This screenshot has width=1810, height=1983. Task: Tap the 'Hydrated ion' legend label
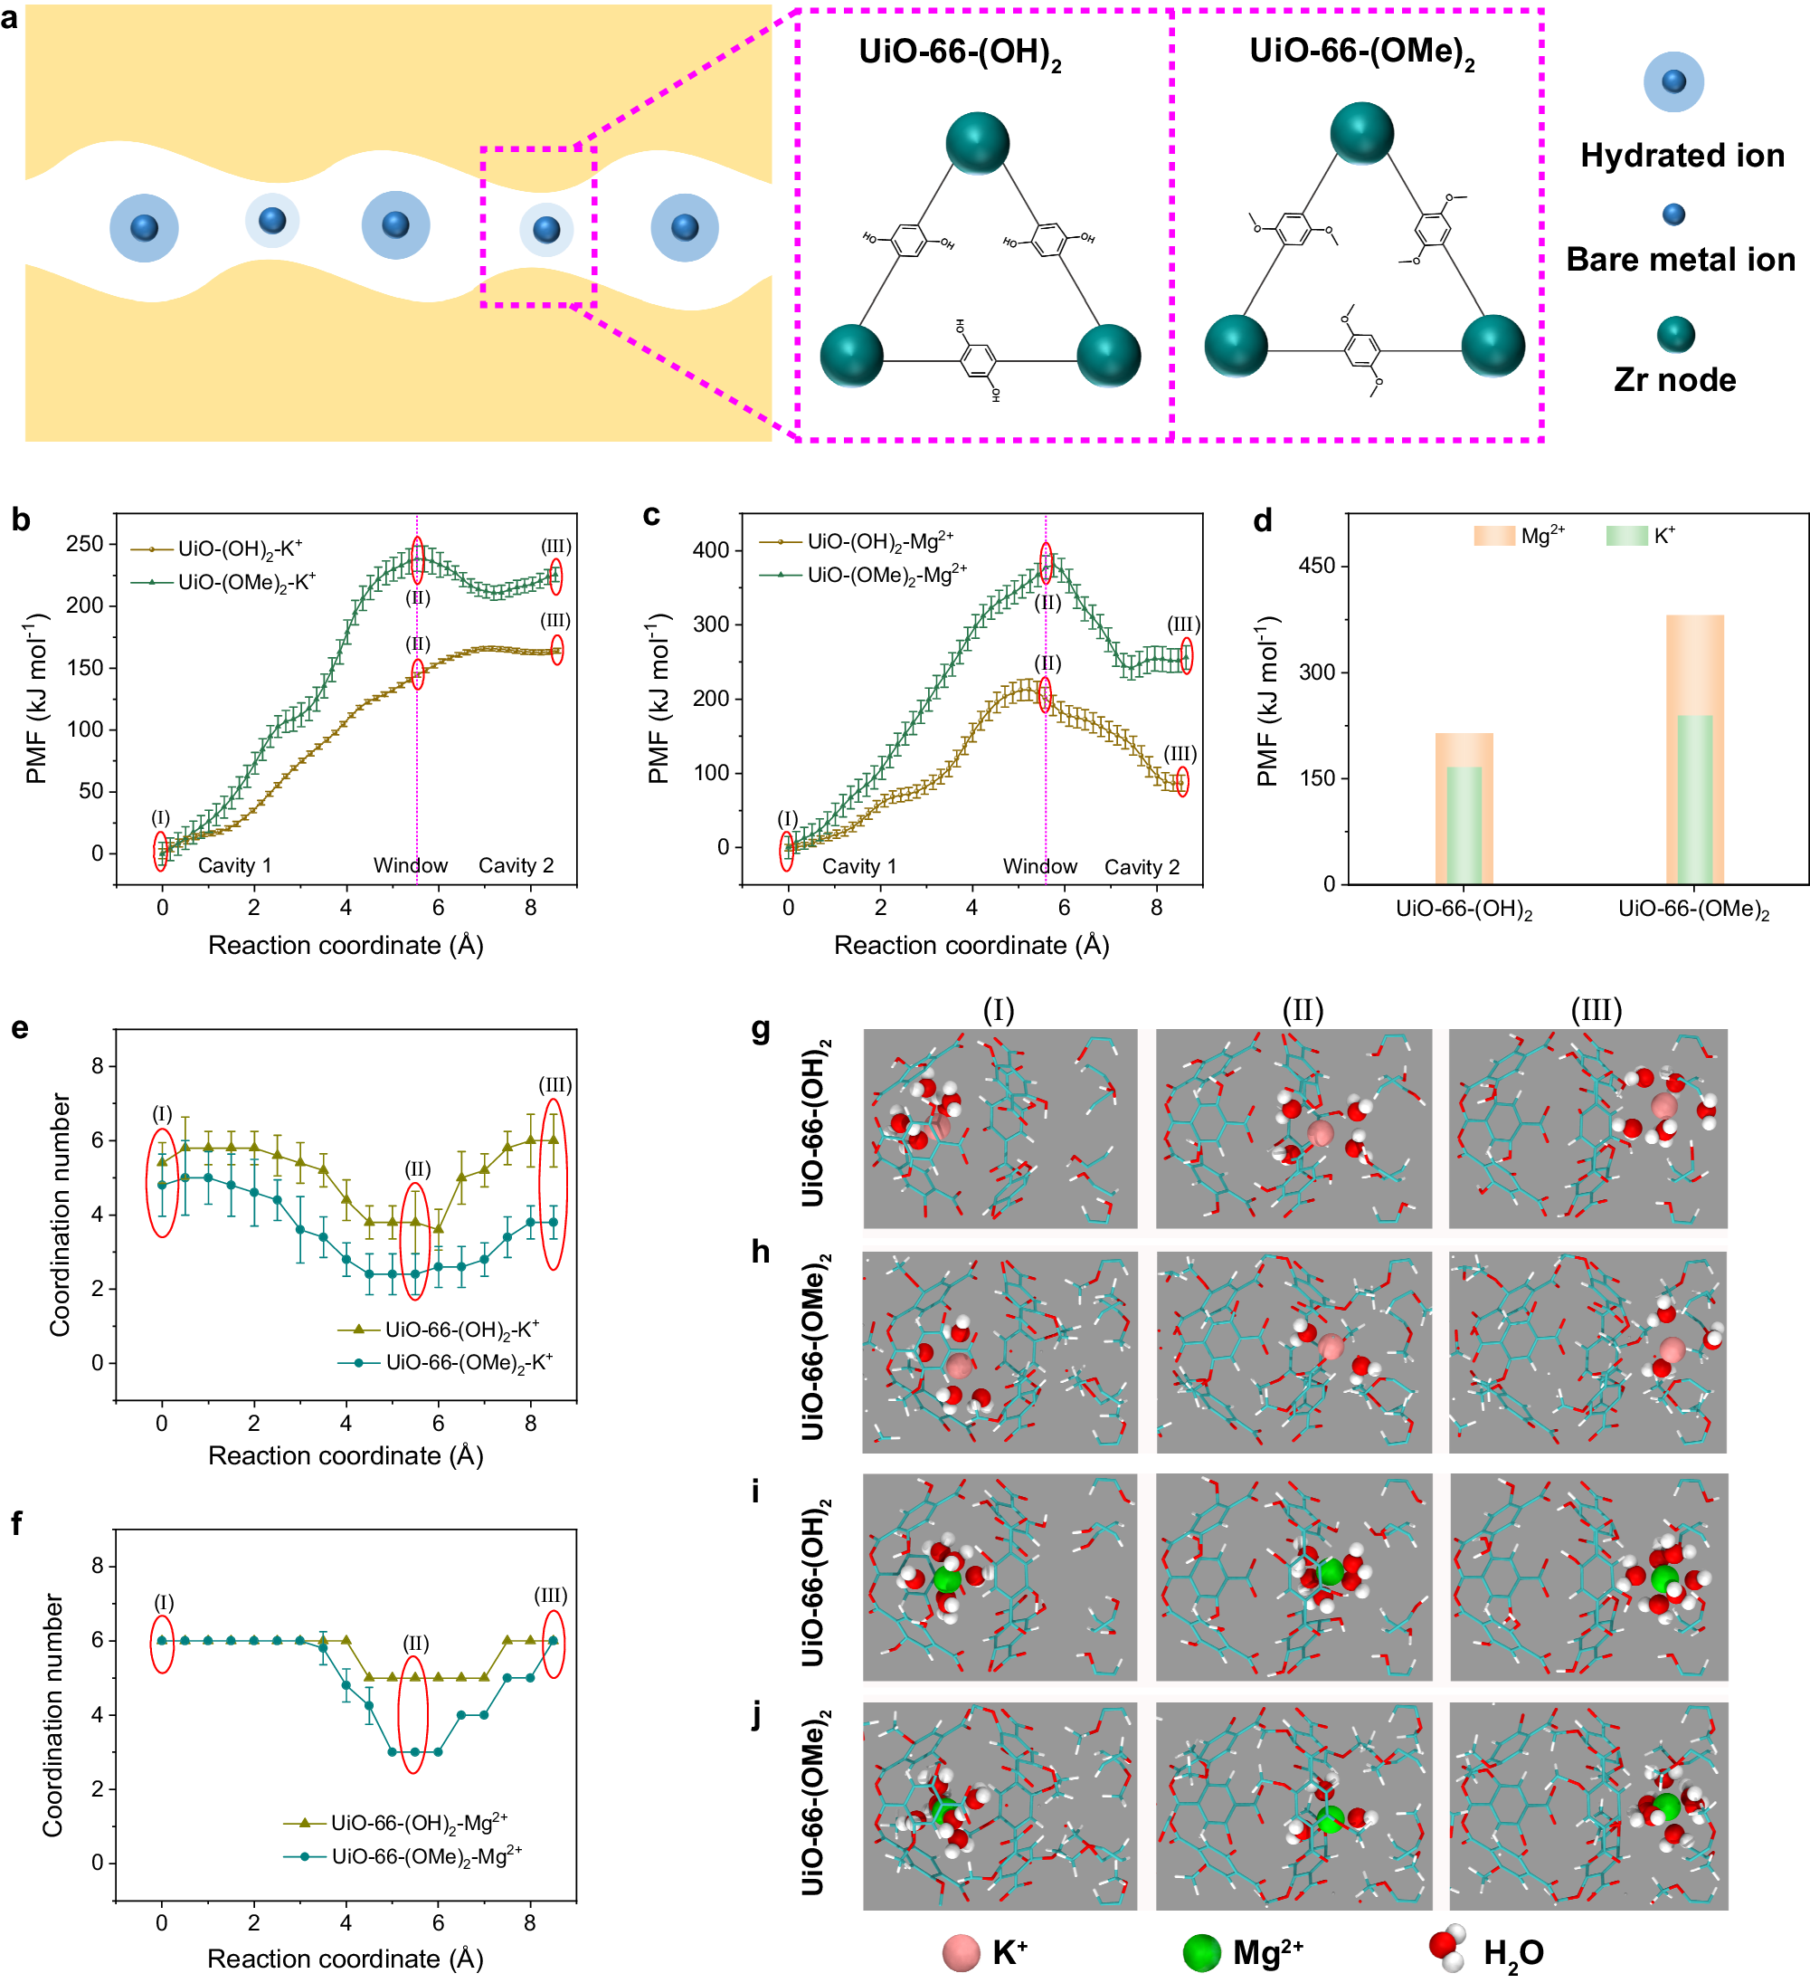point(1682,156)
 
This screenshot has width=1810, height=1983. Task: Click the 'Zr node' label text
point(1673,380)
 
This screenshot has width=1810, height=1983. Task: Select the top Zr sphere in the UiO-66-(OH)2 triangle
point(976,144)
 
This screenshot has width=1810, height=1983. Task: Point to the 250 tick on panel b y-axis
point(86,544)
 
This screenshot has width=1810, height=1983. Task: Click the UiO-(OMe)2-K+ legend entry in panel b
point(246,582)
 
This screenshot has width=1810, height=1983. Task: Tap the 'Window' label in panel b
point(410,865)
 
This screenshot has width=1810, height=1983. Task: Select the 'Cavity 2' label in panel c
point(1141,866)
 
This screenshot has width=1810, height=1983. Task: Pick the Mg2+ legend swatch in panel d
point(1493,535)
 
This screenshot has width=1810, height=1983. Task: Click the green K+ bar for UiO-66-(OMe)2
point(1693,798)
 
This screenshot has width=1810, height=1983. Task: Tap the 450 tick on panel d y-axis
point(1316,566)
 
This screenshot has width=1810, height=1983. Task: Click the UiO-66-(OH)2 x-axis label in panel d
point(1463,910)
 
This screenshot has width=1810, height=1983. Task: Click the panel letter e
point(20,1029)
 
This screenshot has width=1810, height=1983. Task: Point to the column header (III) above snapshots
point(1595,1009)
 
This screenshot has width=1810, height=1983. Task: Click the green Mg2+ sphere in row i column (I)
point(946,1580)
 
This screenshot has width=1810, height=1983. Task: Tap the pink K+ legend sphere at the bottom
point(961,1952)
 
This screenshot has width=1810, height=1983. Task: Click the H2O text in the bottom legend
point(1512,1953)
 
